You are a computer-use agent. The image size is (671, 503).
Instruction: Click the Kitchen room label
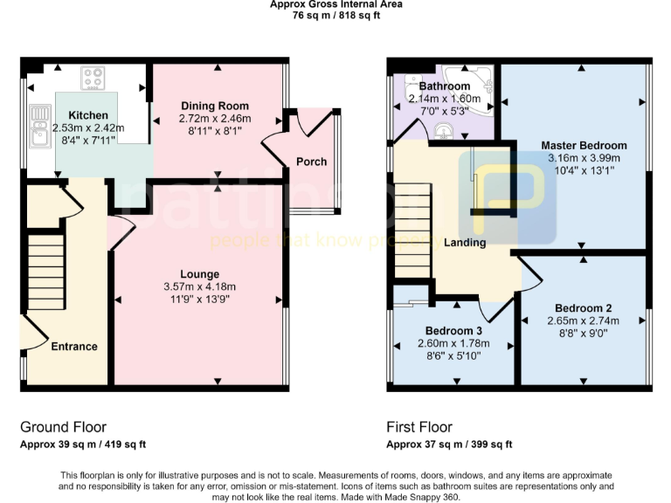point(88,115)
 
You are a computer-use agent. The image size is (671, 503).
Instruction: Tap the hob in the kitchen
point(93,78)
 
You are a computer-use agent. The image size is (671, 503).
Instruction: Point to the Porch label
point(312,161)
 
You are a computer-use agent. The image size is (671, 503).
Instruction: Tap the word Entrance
point(73,347)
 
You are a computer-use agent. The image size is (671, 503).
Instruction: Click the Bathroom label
point(445,86)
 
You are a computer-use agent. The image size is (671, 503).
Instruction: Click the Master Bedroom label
point(584,145)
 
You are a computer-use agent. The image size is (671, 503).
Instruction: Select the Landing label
point(465,242)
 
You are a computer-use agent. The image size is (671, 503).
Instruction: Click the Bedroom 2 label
point(583,308)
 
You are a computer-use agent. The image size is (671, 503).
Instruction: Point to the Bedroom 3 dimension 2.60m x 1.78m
point(453,343)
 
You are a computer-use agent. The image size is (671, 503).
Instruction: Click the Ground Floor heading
point(63,427)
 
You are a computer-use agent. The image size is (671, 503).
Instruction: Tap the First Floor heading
point(419,427)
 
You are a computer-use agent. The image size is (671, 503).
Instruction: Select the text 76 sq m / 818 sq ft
point(335,15)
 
